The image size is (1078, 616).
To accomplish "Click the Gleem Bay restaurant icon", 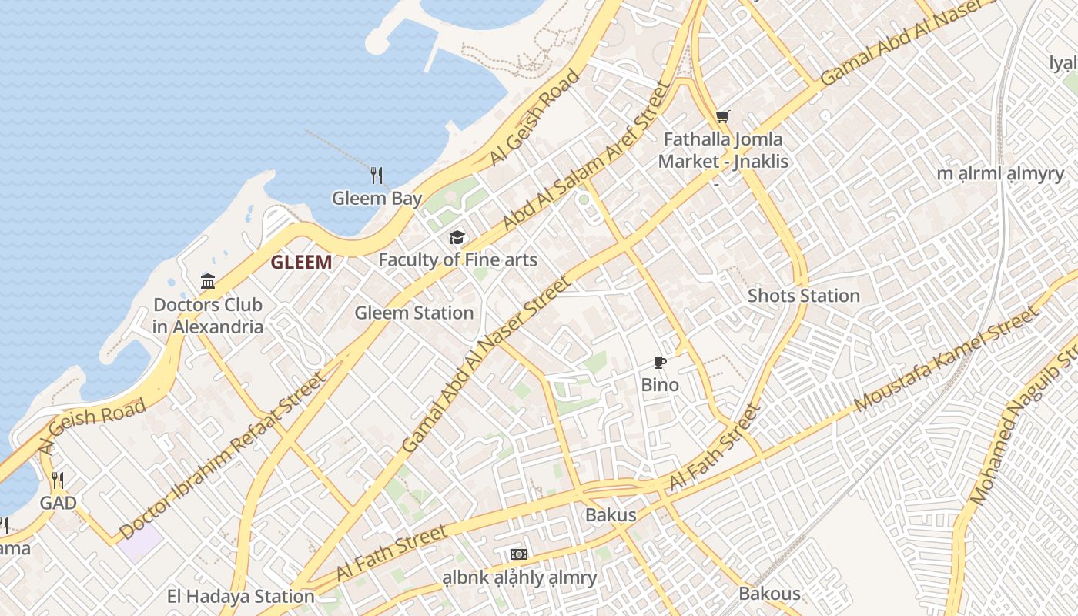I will tap(377, 176).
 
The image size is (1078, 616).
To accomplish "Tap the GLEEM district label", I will tap(301, 263).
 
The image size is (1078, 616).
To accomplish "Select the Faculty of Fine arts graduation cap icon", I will tap(457, 237).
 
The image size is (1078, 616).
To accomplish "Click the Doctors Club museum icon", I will tap(208, 282).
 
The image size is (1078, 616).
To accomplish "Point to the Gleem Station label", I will tap(413, 313).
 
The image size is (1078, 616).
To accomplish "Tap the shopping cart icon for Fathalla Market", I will tap(722, 117).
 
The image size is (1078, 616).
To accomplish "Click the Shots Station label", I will tap(803, 296).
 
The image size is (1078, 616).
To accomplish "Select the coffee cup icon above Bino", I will tap(659, 362).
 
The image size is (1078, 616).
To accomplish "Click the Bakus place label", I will tap(611, 515).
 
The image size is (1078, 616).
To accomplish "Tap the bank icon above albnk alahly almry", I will tap(519, 554).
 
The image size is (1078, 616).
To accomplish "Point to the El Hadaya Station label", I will tap(240, 597).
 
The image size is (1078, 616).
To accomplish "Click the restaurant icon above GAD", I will tap(58, 481).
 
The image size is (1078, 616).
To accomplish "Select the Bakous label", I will tap(769, 594).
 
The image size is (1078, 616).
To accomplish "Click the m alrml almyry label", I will tap(999, 173).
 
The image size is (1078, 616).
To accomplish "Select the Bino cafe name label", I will tap(660, 385).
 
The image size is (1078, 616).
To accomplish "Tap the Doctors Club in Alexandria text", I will tap(208, 316).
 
